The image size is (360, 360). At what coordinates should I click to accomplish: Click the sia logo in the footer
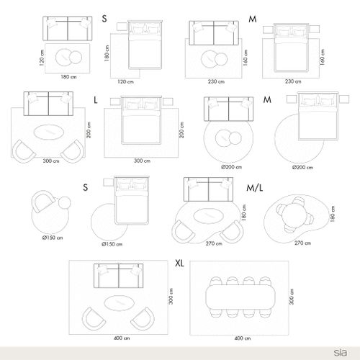point(341,353)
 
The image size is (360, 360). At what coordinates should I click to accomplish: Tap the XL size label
point(179,264)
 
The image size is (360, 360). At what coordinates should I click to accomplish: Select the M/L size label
point(255,188)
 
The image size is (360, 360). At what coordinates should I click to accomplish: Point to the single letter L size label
point(96,100)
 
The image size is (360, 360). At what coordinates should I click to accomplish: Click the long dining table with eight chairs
point(240,297)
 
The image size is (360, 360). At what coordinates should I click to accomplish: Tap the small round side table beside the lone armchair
point(65,203)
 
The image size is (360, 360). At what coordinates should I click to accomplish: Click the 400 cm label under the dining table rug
point(243,338)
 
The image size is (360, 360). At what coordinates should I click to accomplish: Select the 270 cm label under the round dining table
point(302,243)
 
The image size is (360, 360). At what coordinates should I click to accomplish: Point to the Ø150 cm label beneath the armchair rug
point(53,238)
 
